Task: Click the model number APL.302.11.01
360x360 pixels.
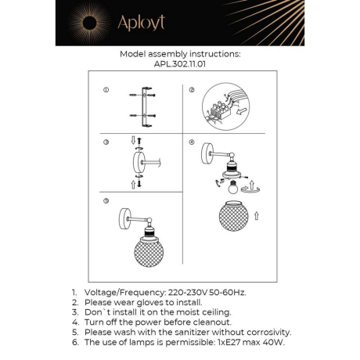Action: pos(179,67)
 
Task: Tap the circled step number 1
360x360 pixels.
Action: pos(106,90)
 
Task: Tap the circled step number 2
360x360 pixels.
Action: pos(192,90)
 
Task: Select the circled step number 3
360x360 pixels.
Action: pos(106,142)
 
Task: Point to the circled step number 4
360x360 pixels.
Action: pos(192,142)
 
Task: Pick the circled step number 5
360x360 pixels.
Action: pos(106,201)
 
